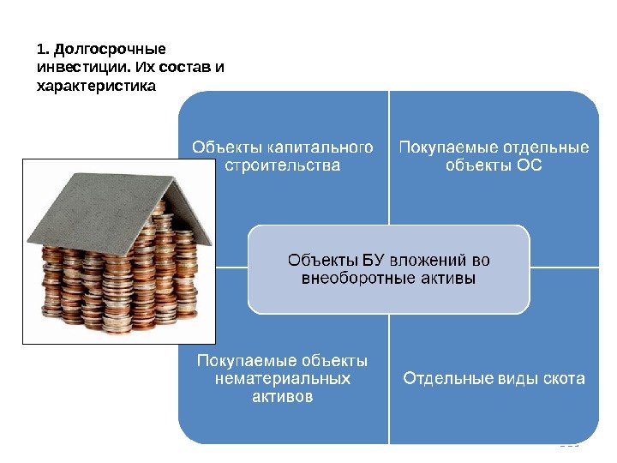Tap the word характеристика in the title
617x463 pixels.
(97, 86)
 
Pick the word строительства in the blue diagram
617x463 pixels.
(282, 165)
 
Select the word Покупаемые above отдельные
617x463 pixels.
(443, 147)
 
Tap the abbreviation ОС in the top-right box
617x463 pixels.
(530, 165)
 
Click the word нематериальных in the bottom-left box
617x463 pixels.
(282, 378)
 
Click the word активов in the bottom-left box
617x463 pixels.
(282, 396)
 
